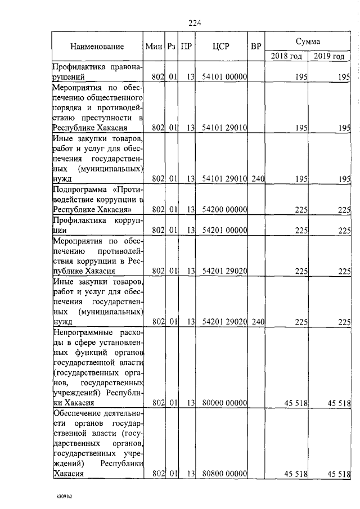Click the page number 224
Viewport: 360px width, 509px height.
195,23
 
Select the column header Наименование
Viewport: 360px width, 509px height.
97,47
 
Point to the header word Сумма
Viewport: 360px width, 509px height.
308,42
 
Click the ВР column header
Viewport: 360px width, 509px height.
256,47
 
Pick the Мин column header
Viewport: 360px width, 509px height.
153,47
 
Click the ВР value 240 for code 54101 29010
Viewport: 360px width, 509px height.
258,179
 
